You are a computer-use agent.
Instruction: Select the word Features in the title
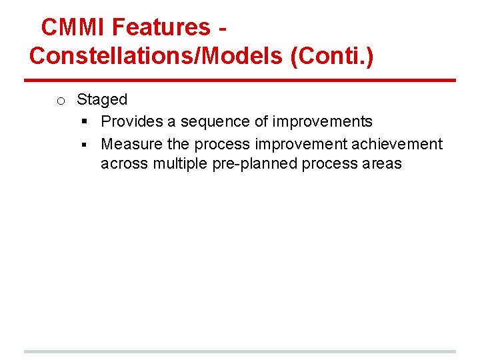(x=161, y=27)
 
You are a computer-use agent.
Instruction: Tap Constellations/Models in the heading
(x=156, y=56)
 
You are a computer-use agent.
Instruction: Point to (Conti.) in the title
(x=332, y=56)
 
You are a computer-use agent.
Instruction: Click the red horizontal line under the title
(x=240, y=81)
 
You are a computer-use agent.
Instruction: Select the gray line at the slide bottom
(x=240, y=351)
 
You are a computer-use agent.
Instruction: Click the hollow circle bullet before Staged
(x=60, y=101)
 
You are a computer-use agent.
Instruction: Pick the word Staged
(x=102, y=100)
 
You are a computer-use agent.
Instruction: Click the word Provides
(x=129, y=122)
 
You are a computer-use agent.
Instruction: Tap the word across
(x=125, y=164)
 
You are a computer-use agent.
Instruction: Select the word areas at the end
(x=382, y=164)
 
